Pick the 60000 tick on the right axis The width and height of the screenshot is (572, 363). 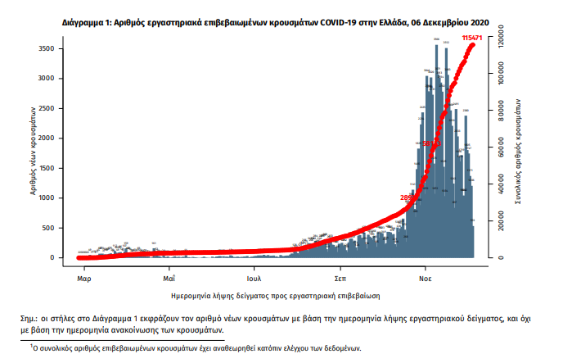tap(506, 147)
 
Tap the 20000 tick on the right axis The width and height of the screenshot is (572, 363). tap(506, 221)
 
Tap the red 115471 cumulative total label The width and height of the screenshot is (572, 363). tap(472, 39)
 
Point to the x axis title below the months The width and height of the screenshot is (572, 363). tap(276, 293)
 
